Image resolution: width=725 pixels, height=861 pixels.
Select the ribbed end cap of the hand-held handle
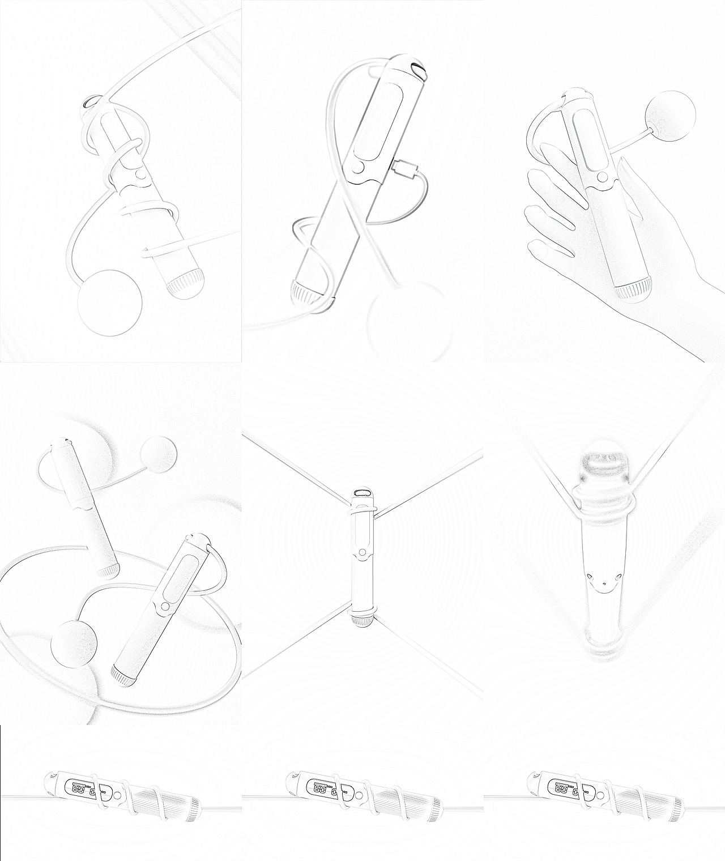coord(631,289)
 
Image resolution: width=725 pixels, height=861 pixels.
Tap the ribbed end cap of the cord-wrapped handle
coord(186,283)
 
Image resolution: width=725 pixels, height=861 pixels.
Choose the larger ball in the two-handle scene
coord(74,645)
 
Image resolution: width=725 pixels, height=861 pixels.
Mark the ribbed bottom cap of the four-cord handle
coord(362,619)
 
